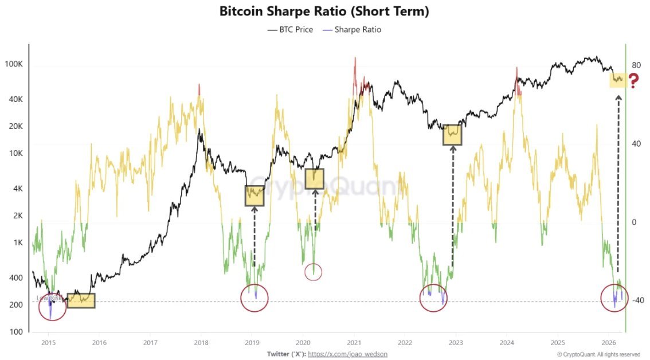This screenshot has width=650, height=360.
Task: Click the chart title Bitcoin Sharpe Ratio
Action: (x=324, y=11)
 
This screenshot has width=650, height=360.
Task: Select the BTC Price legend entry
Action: (x=291, y=29)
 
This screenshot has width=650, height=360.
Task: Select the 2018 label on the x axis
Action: (x=201, y=342)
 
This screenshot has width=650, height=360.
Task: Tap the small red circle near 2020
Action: (x=313, y=272)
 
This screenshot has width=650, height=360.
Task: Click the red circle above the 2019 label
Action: (x=253, y=298)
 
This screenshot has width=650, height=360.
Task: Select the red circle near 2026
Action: (x=614, y=298)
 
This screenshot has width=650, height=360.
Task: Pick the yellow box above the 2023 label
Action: (x=452, y=134)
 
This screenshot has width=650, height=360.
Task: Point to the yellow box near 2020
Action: (x=315, y=179)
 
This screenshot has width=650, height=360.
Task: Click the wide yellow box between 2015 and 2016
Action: (x=81, y=300)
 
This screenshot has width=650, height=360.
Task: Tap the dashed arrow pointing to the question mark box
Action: (x=618, y=183)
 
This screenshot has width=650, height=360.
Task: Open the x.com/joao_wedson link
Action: (x=347, y=354)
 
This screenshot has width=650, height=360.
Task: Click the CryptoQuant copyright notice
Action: (x=598, y=354)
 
